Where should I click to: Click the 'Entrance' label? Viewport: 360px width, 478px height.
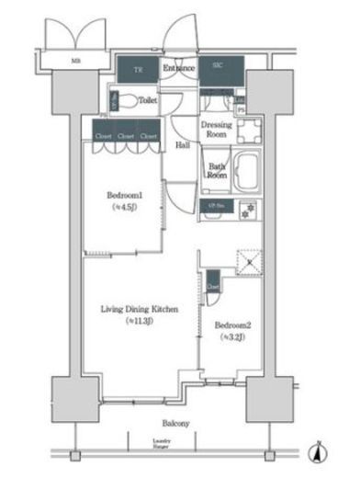click(178, 68)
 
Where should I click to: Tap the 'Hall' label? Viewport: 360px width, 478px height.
click(184, 145)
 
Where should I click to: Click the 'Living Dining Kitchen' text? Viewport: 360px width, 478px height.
click(140, 309)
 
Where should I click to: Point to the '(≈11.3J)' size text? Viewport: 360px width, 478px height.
click(140, 321)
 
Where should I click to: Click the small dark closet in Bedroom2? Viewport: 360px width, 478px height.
click(213, 281)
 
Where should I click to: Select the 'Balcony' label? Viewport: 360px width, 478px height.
click(177, 423)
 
